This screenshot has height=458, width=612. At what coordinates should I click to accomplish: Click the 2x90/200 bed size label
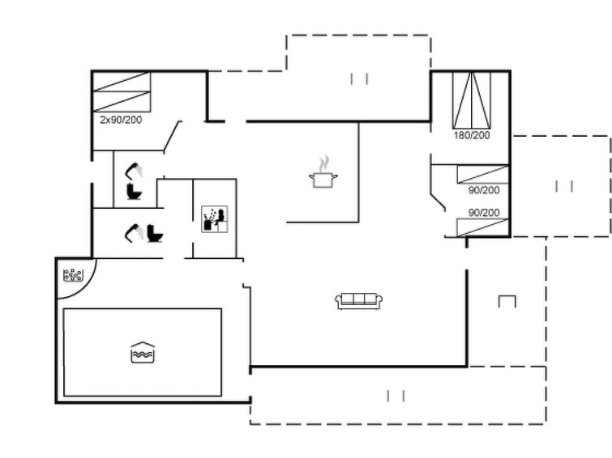[x=121, y=120]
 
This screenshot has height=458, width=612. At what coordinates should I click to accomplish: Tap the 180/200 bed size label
[x=472, y=135]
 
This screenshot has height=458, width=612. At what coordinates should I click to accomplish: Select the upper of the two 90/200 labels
[x=484, y=190]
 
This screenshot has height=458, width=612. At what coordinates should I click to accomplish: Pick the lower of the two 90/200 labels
[x=484, y=213]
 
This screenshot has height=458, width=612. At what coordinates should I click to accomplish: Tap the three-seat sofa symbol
[x=359, y=301]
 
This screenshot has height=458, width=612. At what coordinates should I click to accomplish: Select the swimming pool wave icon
[x=143, y=352]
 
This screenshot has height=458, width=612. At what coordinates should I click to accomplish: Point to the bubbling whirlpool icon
[x=73, y=275]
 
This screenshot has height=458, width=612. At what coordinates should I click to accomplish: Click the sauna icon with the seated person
[x=214, y=219]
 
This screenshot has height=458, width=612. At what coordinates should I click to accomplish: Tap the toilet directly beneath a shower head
[x=135, y=191]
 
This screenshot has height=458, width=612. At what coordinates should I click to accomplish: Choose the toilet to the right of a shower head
[x=155, y=233]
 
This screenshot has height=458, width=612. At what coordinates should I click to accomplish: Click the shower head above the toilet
[x=134, y=171]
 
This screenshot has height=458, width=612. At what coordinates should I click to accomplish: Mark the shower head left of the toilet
[x=134, y=233]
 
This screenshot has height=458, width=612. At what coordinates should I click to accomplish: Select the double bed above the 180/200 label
[x=472, y=100]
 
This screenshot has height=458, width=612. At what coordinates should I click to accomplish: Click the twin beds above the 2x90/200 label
[x=122, y=92]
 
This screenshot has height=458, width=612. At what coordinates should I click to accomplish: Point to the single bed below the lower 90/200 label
[x=483, y=227]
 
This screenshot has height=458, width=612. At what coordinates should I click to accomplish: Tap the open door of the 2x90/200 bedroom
[x=173, y=136]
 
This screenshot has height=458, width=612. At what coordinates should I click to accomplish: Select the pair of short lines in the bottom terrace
[x=396, y=396]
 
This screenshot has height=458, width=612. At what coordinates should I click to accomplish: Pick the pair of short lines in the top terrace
[x=359, y=79]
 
